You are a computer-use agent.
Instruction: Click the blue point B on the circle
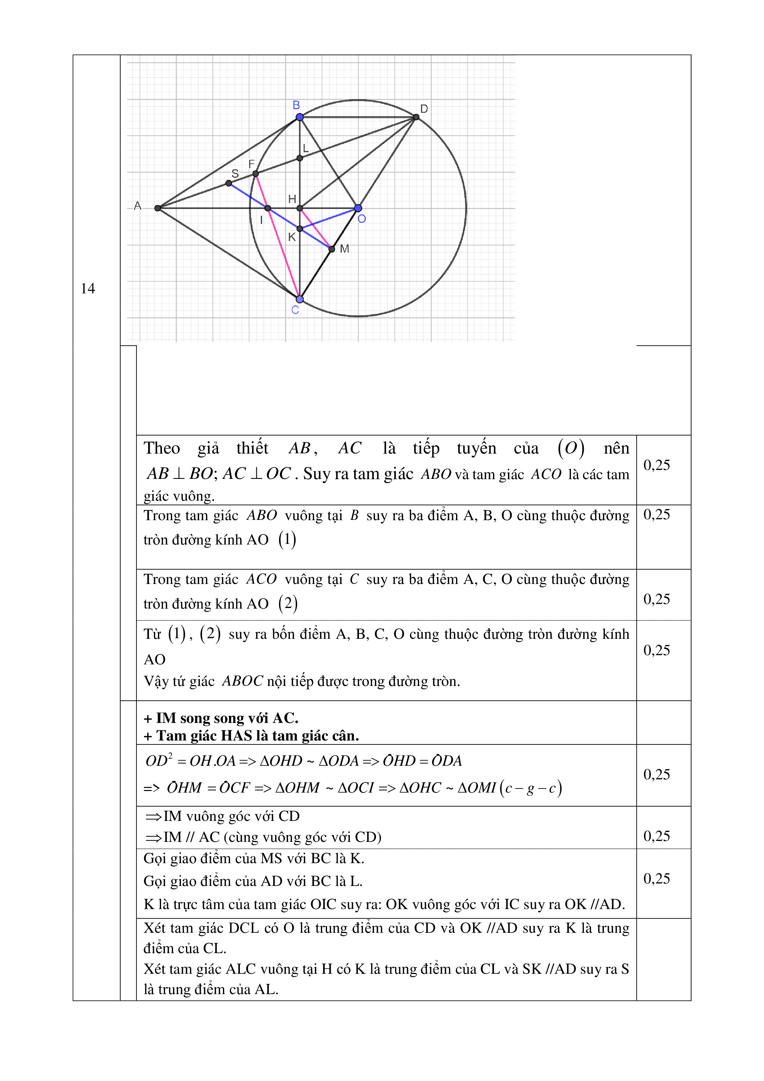[300, 117]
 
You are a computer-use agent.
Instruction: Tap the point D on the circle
[416, 117]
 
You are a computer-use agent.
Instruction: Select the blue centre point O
[358, 208]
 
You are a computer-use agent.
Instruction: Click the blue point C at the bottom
[300, 299]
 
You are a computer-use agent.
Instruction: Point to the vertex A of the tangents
[158, 208]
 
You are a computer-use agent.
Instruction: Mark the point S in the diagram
[228, 183]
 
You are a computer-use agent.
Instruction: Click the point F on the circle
[256, 174]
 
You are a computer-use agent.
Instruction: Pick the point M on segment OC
[332, 249]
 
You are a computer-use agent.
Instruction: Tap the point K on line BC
[300, 229]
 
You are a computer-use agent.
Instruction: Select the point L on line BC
[300, 158]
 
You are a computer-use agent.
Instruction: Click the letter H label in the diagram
[292, 199]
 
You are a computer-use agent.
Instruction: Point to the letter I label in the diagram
[261, 220]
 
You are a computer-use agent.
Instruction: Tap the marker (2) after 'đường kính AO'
[288, 604]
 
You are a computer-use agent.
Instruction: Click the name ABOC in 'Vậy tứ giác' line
[242, 681]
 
